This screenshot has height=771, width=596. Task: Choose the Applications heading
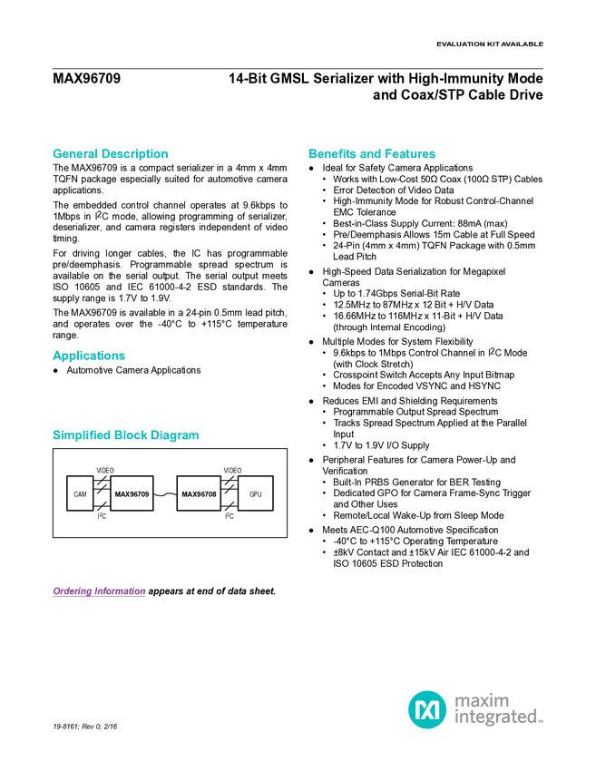[x=89, y=356]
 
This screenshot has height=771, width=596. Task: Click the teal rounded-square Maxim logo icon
[x=426, y=708]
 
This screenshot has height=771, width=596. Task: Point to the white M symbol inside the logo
[x=426, y=708]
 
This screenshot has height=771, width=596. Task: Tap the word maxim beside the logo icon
[x=481, y=698]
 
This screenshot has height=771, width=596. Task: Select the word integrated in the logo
[x=495, y=718]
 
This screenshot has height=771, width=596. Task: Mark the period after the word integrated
[x=542, y=722]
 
